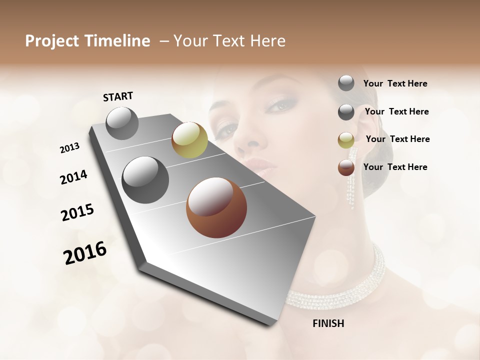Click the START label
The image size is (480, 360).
(118, 96)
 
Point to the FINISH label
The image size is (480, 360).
(328, 323)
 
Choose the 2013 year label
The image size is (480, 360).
(69, 148)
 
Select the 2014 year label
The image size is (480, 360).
(73, 177)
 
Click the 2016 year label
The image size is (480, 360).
(85, 252)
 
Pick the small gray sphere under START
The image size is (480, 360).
(122, 123)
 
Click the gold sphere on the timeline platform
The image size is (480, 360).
(189, 139)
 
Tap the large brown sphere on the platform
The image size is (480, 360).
(216, 207)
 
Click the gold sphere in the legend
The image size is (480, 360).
(346, 140)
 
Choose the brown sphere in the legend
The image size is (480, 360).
(346, 167)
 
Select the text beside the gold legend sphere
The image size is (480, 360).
(397, 139)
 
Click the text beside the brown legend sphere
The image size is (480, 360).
(395, 167)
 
